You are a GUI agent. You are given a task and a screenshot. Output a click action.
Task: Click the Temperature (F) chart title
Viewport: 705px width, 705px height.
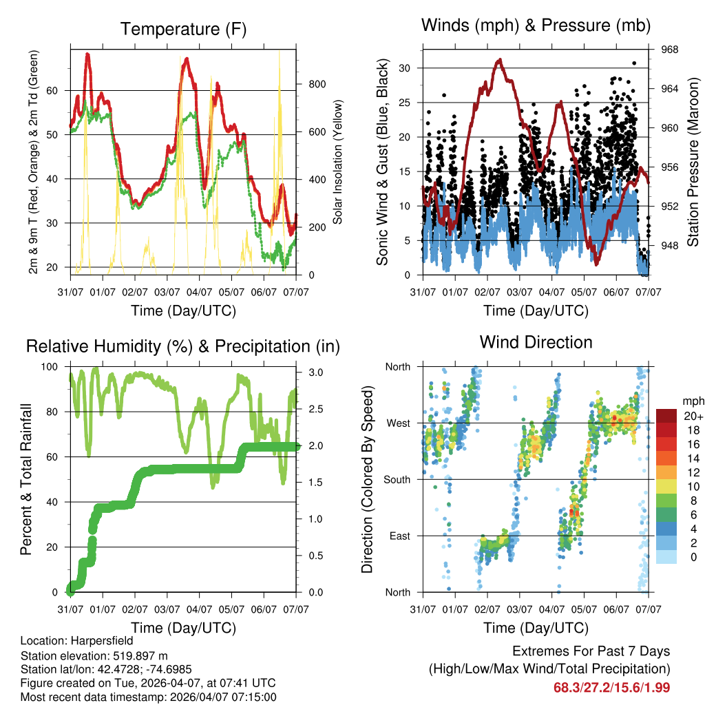click(183, 29)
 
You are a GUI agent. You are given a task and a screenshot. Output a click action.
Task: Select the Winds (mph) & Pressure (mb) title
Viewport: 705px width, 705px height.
click(536, 26)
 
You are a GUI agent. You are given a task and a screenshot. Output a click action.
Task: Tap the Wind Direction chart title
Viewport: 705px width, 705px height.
click(536, 341)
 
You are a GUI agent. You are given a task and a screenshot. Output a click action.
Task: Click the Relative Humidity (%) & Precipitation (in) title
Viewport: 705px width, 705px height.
click(183, 346)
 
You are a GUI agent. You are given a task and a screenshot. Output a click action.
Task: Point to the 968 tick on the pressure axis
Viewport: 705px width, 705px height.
click(670, 50)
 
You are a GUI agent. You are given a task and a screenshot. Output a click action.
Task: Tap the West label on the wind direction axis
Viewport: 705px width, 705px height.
click(399, 423)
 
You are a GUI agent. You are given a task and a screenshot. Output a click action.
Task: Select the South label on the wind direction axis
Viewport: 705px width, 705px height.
click(397, 479)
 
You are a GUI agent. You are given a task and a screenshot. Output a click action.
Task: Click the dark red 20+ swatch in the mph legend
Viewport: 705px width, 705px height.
click(666, 415)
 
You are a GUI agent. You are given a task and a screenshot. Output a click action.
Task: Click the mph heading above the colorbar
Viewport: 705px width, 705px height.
click(691, 401)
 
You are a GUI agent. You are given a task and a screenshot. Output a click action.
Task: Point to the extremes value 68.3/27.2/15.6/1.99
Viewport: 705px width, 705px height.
click(611, 687)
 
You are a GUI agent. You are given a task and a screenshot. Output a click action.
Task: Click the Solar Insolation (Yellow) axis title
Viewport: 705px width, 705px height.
click(338, 162)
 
